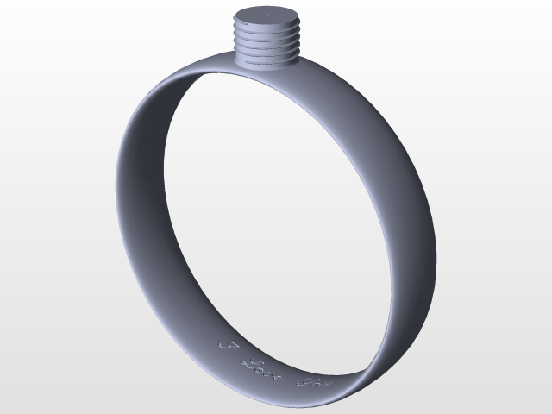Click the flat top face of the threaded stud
tap(267, 17)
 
